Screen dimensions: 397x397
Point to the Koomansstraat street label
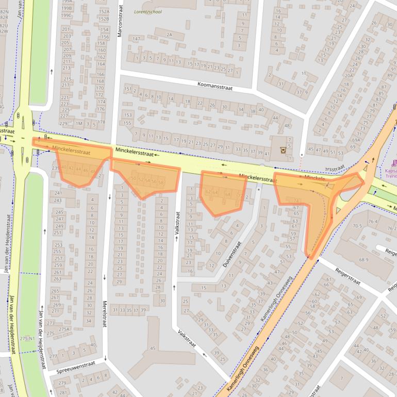215,86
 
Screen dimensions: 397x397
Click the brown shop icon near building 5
282,150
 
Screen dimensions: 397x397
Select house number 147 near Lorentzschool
136,39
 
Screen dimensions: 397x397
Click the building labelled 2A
169,35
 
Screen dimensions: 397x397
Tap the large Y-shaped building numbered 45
153,349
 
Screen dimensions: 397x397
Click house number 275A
64,329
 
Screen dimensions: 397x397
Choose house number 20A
349,75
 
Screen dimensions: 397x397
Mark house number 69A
356,140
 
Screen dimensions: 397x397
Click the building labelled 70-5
357,225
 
